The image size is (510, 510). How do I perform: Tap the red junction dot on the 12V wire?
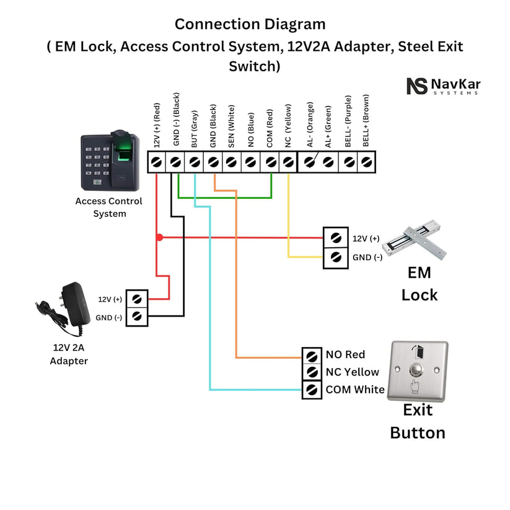159,237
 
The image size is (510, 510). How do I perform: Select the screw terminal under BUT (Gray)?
195,162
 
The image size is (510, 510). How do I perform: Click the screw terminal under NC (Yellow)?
289,162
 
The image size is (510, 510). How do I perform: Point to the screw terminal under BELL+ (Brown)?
367,162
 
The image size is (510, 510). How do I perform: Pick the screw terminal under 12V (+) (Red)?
157,162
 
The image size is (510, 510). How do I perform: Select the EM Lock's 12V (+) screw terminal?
336,238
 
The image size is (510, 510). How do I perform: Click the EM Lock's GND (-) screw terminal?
336,257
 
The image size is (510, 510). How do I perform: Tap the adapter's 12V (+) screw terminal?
138,298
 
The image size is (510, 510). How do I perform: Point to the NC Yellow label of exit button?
352,372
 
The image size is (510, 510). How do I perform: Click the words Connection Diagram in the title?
250,24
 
